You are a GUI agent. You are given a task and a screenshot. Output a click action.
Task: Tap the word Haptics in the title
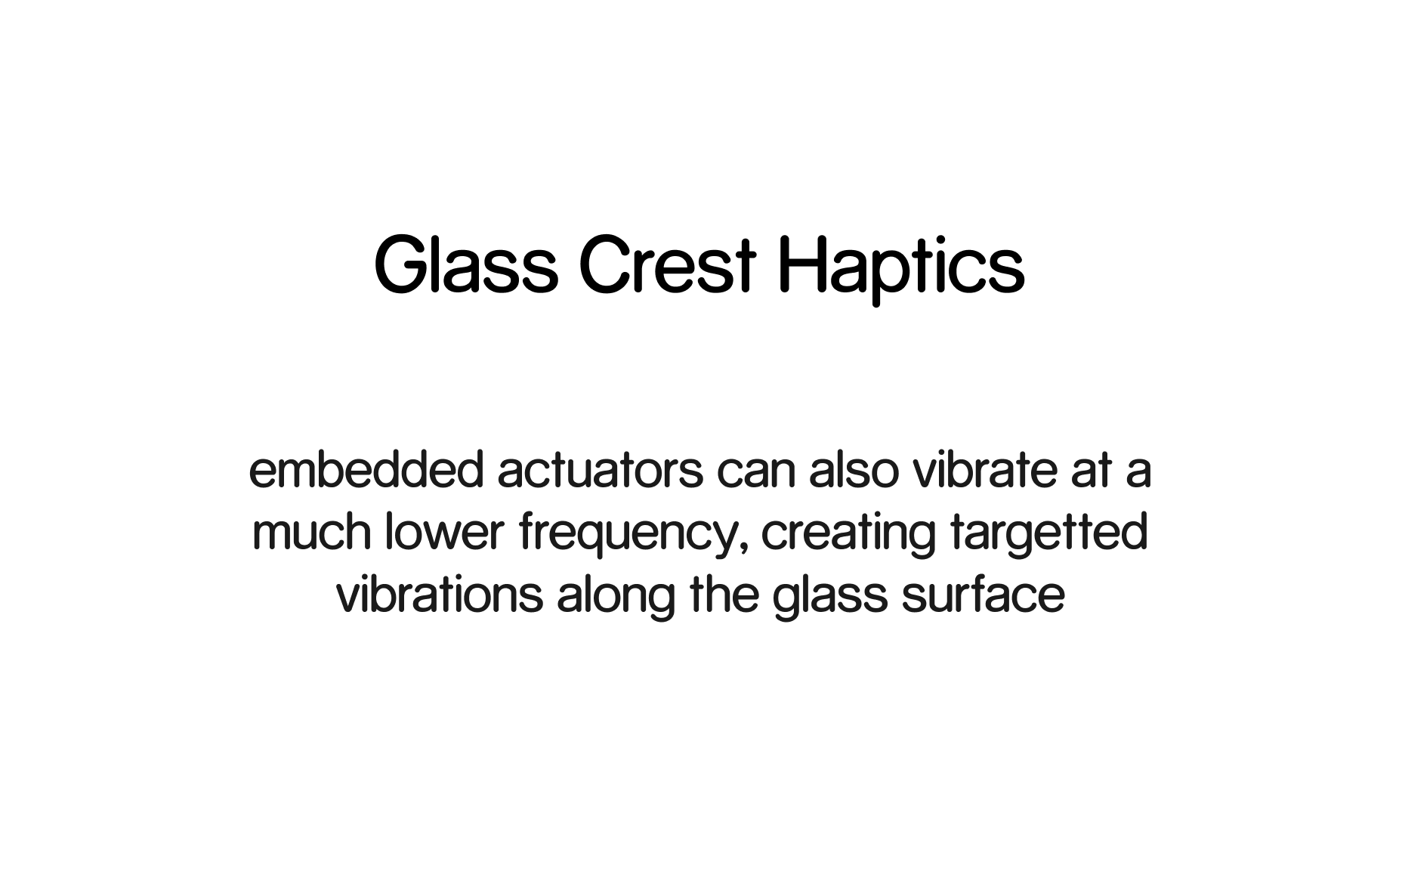click(901, 270)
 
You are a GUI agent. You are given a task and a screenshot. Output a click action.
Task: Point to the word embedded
click(366, 470)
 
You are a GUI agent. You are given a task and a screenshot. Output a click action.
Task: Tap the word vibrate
click(984, 470)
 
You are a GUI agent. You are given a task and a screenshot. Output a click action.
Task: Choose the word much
click(311, 532)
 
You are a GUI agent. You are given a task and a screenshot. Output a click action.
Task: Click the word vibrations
click(439, 595)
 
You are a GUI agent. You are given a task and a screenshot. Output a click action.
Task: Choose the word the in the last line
click(724, 595)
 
